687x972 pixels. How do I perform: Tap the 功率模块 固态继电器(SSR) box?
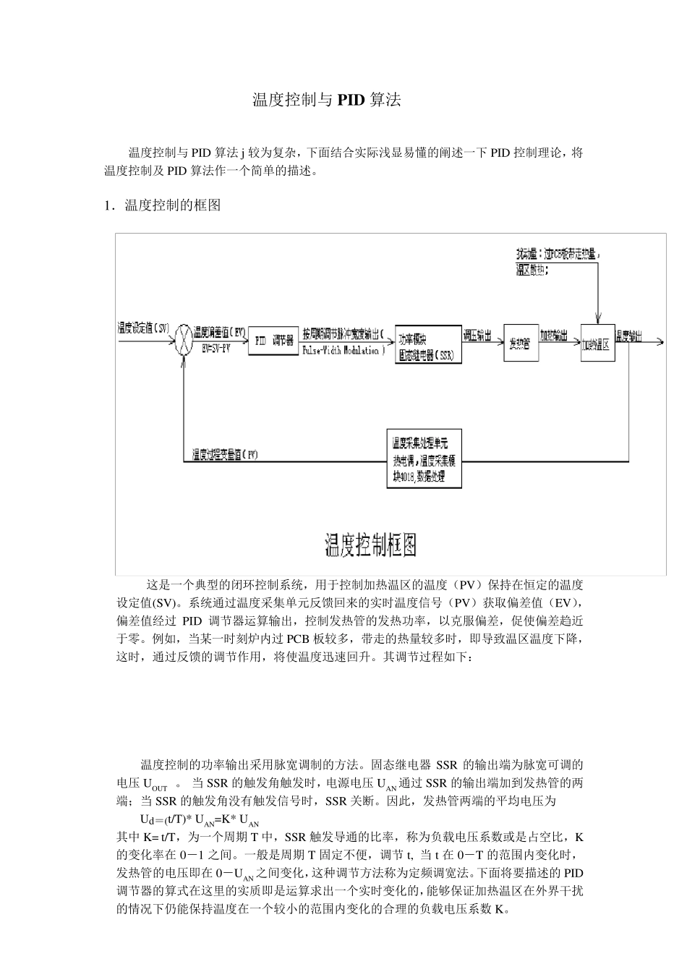tap(428, 344)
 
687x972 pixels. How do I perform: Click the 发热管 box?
tap(521, 343)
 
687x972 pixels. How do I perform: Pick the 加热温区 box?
tap(597, 343)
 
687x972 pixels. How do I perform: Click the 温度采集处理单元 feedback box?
tap(424, 459)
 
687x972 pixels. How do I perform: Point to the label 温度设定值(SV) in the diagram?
tap(143, 328)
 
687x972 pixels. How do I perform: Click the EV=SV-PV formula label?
tap(216, 348)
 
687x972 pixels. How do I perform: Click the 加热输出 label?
tap(553, 336)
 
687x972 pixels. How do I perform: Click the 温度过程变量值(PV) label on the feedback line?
tap(225, 454)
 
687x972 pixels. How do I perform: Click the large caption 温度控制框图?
tap(370, 544)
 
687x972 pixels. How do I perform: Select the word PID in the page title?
tap(350, 100)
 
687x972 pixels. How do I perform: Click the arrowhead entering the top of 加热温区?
tap(598, 319)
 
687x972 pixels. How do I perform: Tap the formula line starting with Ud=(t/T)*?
tap(200, 820)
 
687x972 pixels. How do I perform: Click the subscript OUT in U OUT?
tap(160, 788)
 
